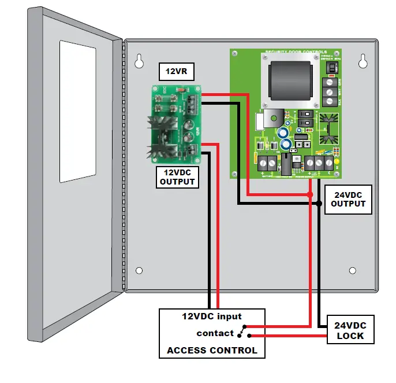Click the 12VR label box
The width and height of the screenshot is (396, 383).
tap(177, 72)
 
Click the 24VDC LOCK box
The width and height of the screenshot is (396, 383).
tap(350, 330)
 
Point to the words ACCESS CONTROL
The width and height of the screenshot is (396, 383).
tap(212, 350)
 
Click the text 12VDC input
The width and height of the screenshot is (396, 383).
tap(212, 316)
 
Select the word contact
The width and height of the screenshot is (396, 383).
tap(215, 333)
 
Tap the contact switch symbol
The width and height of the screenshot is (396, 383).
tap(243, 333)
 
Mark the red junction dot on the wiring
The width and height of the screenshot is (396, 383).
tap(311, 193)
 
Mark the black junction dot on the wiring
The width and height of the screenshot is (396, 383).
tap(319, 203)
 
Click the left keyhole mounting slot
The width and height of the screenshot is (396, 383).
tap(140, 61)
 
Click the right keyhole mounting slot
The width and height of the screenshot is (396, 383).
tap(363, 60)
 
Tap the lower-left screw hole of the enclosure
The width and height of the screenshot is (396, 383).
tap(139, 270)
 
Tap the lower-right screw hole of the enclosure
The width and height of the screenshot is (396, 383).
tap(353, 270)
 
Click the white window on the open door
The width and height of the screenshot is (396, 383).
tap(76, 109)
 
